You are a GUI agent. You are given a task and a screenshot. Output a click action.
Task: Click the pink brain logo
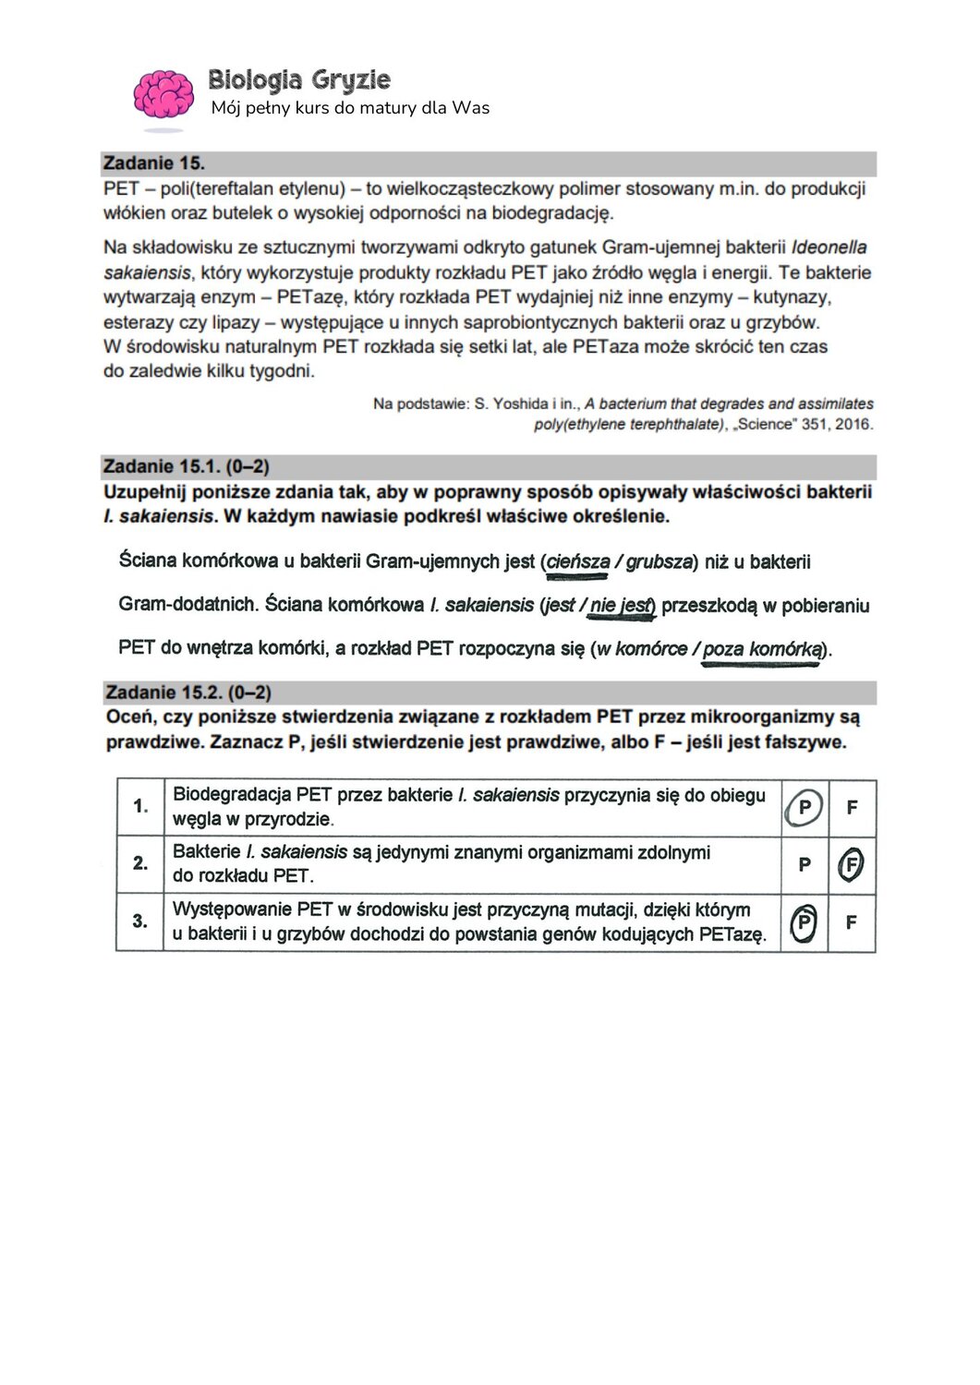click(163, 95)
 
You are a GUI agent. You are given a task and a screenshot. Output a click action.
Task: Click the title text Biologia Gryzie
click(298, 80)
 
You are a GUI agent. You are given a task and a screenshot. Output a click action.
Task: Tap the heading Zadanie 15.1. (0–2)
click(186, 466)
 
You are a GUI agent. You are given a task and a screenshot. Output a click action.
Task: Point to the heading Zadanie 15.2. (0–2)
click(188, 692)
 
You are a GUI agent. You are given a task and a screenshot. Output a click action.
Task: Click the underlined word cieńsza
click(577, 562)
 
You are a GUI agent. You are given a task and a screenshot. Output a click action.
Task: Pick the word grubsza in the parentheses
click(659, 562)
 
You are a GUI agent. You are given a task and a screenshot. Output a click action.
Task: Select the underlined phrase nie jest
click(622, 606)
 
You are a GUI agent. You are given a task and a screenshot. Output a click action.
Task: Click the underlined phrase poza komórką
click(761, 649)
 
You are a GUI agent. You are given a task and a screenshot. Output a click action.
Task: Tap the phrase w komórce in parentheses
click(642, 649)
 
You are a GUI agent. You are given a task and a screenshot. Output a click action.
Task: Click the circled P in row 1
click(804, 808)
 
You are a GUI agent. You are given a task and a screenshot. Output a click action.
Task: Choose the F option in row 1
click(852, 808)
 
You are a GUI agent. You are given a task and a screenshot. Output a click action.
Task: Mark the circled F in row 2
click(851, 865)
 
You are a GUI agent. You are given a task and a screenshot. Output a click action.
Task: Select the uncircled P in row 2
click(805, 865)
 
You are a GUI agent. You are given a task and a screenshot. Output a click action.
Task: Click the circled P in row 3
click(805, 922)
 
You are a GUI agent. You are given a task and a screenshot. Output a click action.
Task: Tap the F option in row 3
click(852, 922)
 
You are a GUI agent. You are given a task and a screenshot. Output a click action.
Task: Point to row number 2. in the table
click(140, 863)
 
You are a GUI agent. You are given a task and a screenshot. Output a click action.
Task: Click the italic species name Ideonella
click(829, 247)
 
